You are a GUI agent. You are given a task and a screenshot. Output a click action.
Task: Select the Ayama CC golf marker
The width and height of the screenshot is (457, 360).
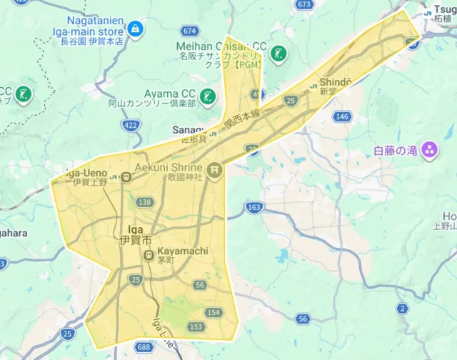pyautogui.click(x=208, y=96)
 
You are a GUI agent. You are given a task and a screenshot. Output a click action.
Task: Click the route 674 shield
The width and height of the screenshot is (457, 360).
pyautogui.click(x=189, y=31)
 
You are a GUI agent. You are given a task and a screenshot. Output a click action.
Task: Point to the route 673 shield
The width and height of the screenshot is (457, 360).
pyautogui.click(x=305, y=5)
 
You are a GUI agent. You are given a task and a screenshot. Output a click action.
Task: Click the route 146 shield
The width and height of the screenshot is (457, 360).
pyautogui.click(x=342, y=116)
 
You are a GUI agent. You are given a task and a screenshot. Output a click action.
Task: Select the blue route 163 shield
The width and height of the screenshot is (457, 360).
pyautogui.click(x=253, y=207)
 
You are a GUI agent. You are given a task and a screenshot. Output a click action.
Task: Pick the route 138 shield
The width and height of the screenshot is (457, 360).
pyautogui.click(x=145, y=202)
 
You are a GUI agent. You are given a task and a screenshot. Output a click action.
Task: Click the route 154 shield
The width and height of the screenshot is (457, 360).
pyautogui.click(x=214, y=313)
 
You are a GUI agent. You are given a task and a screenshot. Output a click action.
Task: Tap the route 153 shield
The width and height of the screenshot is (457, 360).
pyautogui.click(x=196, y=326)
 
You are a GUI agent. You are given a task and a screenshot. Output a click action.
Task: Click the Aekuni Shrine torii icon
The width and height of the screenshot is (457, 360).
pyautogui.click(x=215, y=171)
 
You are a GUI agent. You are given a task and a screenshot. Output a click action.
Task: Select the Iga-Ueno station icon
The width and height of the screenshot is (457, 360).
pyautogui.click(x=126, y=177)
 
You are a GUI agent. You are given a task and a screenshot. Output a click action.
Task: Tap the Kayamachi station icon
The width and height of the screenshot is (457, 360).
pyautogui.click(x=149, y=256)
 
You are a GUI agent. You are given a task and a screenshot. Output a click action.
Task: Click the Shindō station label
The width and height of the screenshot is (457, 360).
pyautogui.click(x=336, y=83)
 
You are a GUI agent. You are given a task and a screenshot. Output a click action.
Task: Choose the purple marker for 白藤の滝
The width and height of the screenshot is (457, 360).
pyautogui.click(x=429, y=150)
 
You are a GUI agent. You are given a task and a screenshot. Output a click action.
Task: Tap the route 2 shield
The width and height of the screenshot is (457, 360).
pyautogui.click(x=403, y=309)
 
